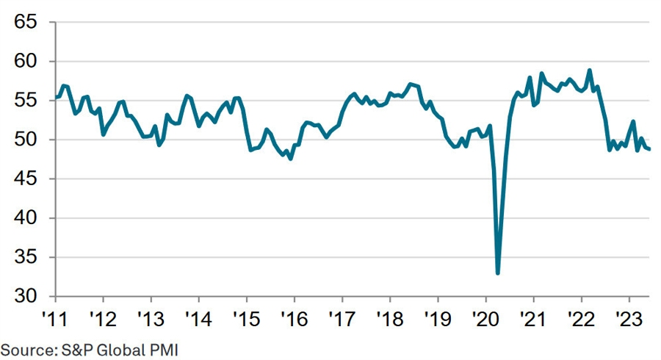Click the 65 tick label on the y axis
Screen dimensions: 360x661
tap(26, 22)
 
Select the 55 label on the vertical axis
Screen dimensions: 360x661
tap(26, 101)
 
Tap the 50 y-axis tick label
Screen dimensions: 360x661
tap(26, 140)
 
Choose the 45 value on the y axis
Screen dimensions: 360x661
tap(26, 179)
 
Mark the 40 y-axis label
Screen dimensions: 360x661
tap(26, 218)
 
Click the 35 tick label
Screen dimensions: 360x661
tap(26, 257)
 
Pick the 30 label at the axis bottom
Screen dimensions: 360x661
tap(26, 296)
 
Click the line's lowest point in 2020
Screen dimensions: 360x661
tap(498, 273)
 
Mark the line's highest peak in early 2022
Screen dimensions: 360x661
tap(590, 71)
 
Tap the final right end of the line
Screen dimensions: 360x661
tap(649, 149)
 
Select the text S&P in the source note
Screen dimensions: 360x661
tap(71, 349)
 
